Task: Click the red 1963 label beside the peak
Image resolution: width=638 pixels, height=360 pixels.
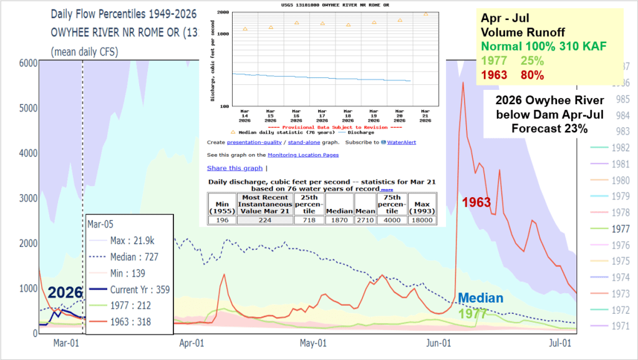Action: coord(476,203)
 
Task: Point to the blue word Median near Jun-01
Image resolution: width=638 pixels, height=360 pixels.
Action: coord(480,298)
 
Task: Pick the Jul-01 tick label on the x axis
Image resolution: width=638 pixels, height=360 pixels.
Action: coord(559,343)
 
